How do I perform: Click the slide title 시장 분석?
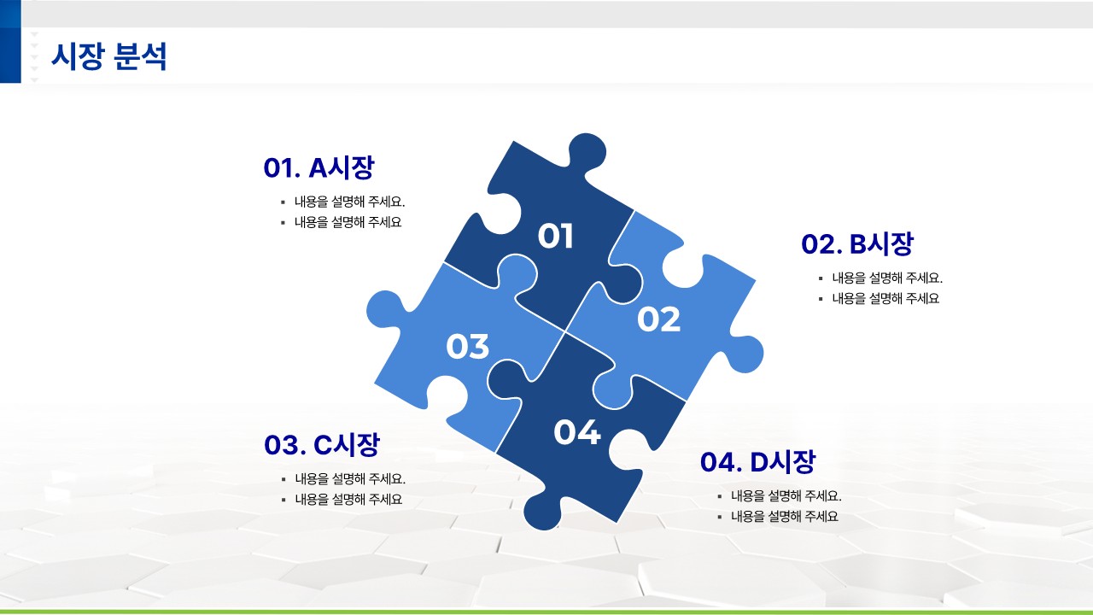pyautogui.click(x=108, y=57)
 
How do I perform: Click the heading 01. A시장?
pyautogui.click(x=319, y=167)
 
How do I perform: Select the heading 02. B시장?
pyautogui.click(x=857, y=243)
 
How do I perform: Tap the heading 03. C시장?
pyautogui.click(x=322, y=445)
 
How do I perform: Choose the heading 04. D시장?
pyautogui.click(x=757, y=462)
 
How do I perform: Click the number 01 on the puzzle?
pyautogui.click(x=555, y=237)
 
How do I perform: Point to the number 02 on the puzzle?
pyautogui.click(x=658, y=319)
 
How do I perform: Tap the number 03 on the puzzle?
pyautogui.click(x=467, y=346)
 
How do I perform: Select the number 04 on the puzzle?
pyautogui.click(x=576, y=432)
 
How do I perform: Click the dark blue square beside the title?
pyautogui.click(x=10, y=42)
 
